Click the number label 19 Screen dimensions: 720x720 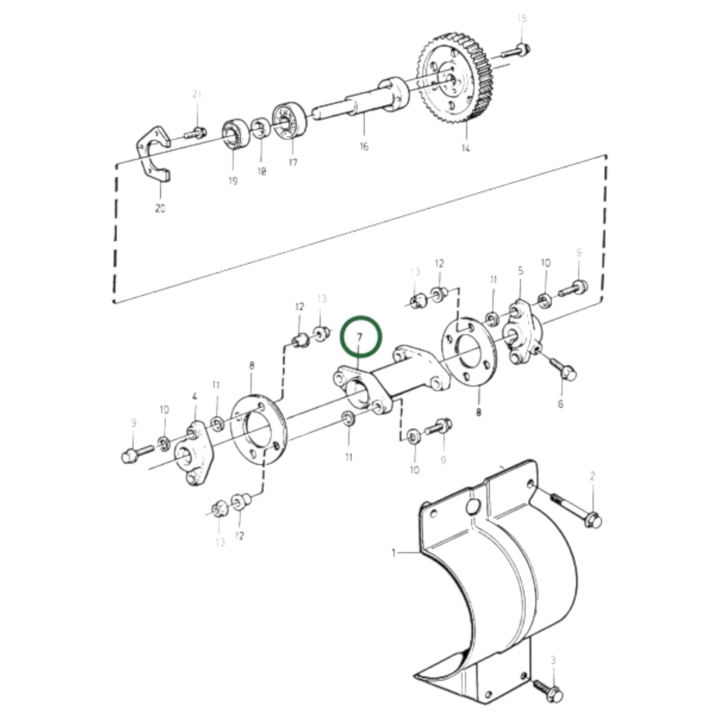tap(233, 181)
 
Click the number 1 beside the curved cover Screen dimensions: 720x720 tap(394, 552)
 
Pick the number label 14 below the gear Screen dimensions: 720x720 tap(465, 148)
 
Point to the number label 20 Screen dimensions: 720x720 tap(160, 208)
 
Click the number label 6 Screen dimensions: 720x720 tap(561, 404)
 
